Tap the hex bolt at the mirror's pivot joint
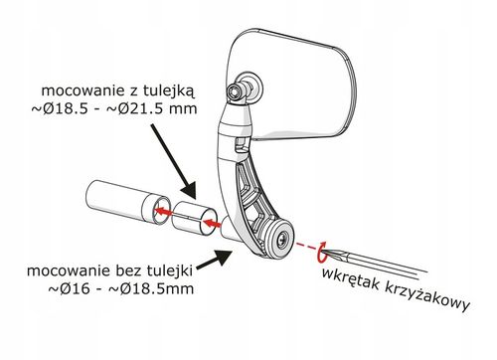pos(242,92)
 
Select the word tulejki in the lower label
pos(174,269)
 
